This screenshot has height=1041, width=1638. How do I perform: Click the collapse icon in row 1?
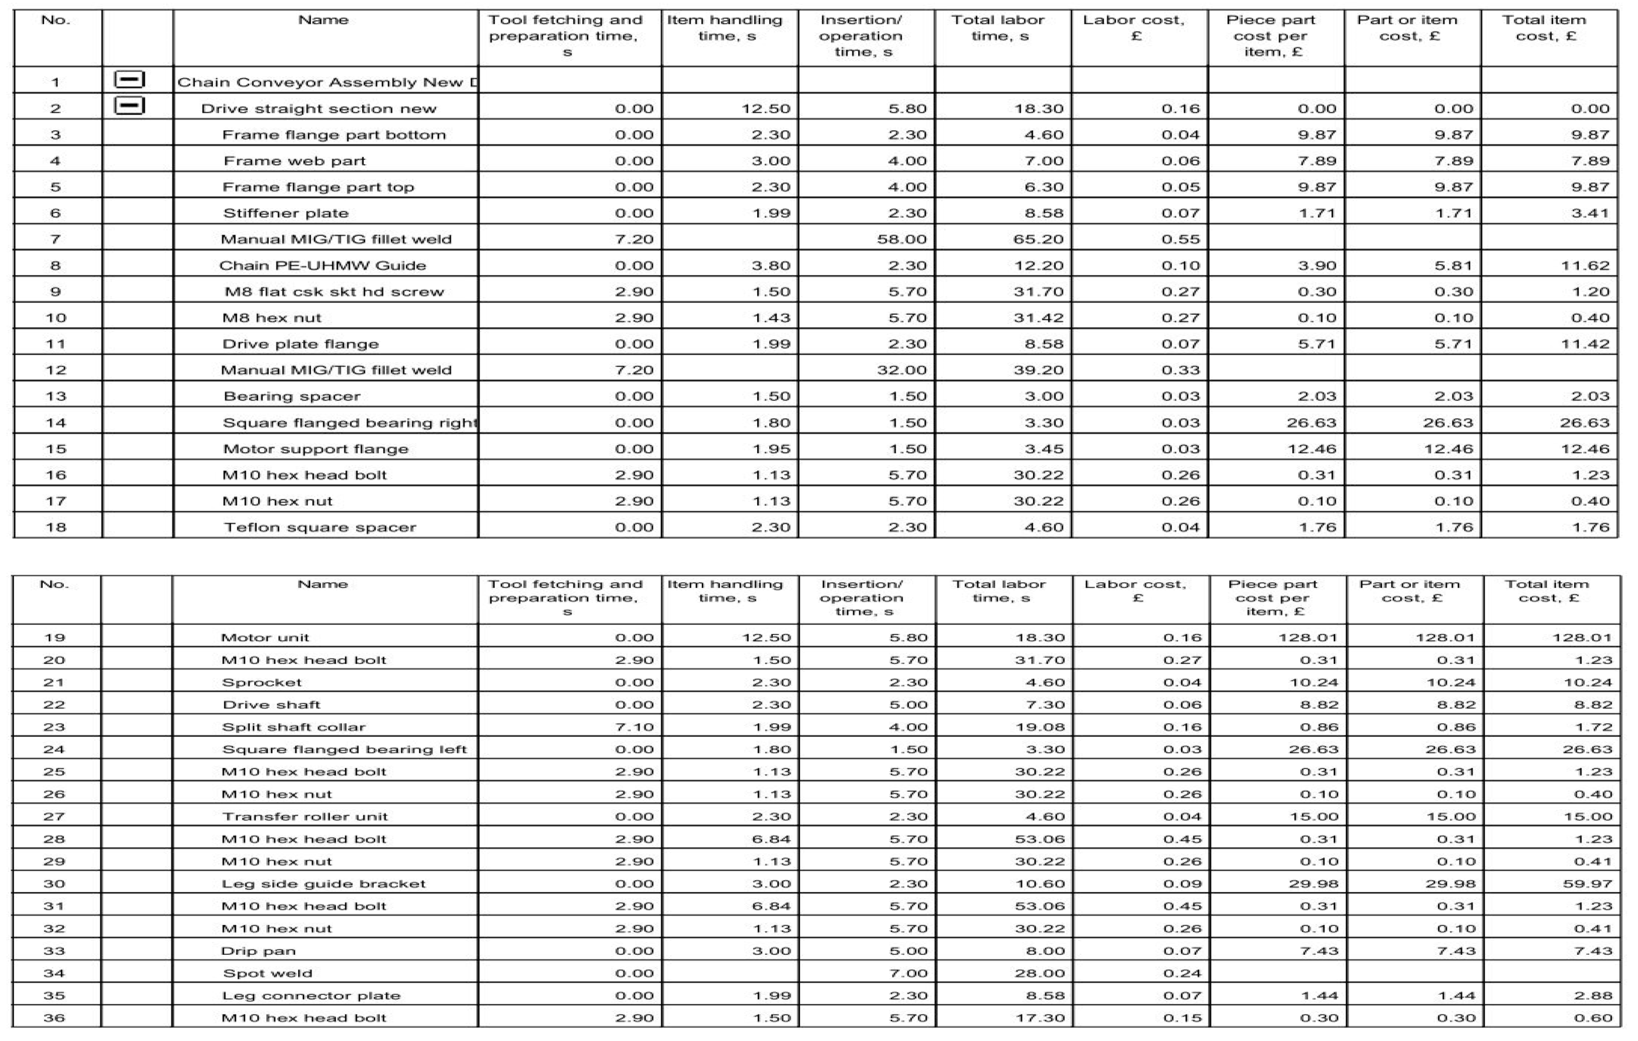(x=129, y=80)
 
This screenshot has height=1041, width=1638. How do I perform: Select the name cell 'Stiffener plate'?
(x=286, y=213)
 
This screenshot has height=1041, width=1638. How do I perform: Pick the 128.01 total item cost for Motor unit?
(x=1582, y=638)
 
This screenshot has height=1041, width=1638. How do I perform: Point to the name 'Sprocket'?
(x=261, y=683)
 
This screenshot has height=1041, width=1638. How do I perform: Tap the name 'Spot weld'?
(x=267, y=974)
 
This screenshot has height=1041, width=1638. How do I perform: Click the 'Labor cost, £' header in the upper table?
(x=1134, y=28)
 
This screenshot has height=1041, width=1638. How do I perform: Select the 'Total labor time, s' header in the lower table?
(x=999, y=591)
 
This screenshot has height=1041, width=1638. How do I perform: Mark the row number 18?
(x=55, y=528)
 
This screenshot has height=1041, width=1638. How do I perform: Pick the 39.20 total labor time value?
(x=1038, y=370)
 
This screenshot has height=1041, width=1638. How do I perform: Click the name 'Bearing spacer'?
(x=292, y=396)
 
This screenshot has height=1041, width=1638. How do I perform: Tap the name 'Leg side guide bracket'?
(x=323, y=884)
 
